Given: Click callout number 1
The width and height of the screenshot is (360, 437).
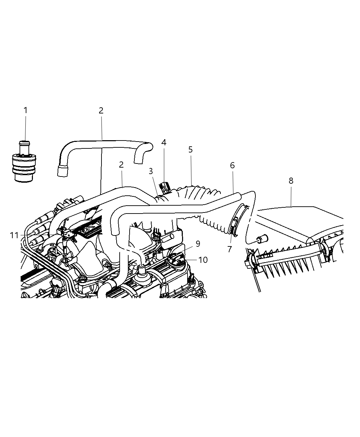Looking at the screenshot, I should pyautogui.click(x=25, y=110).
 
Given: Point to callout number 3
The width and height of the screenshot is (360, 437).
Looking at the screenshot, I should pyautogui.click(x=151, y=171).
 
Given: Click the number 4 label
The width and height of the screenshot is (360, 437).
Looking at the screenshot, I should pyautogui.click(x=164, y=142).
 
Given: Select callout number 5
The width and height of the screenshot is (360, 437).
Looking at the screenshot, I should pyautogui.click(x=191, y=150).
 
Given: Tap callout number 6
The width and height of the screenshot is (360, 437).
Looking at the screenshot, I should pyautogui.click(x=232, y=166).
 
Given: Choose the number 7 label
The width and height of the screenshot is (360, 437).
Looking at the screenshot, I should pyautogui.click(x=229, y=249).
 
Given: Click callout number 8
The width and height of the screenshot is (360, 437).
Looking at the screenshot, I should pyautogui.click(x=291, y=181).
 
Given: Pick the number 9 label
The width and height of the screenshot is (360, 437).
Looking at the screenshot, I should pyautogui.click(x=198, y=244).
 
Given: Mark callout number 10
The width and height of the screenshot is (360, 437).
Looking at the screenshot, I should pyautogui.click(x=203, y=260).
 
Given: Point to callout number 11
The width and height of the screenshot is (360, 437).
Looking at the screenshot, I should pyautogui.click(x=14, y=235).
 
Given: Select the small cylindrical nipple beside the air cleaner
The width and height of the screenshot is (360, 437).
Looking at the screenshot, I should pyautogui.click(x=262, y=238).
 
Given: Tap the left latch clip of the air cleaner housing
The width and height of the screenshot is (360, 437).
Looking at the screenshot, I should pyautogui.click(x=252, y=263).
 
